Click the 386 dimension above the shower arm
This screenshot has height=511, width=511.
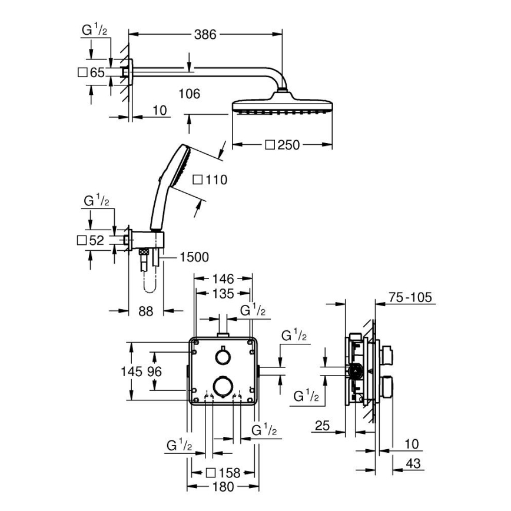[x=205, y=35]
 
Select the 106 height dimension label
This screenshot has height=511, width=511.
[x=189, y=94]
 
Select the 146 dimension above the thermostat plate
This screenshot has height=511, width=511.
[x=223, y=278]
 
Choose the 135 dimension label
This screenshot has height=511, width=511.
[x=223, y=293]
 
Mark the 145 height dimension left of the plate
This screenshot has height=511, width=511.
[x=132, y=371]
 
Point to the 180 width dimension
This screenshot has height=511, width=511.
[x=223, y=486]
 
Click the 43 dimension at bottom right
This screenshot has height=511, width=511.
[x=414, y=464]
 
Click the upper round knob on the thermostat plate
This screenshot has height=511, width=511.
[x=222, y=357]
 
